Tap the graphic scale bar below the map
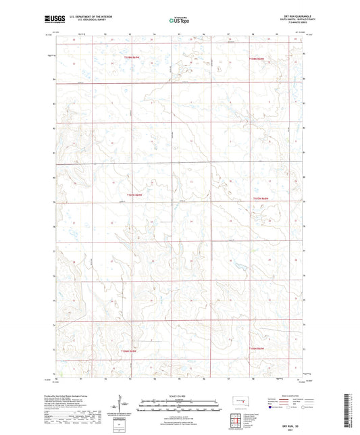[x=179, y=407]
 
